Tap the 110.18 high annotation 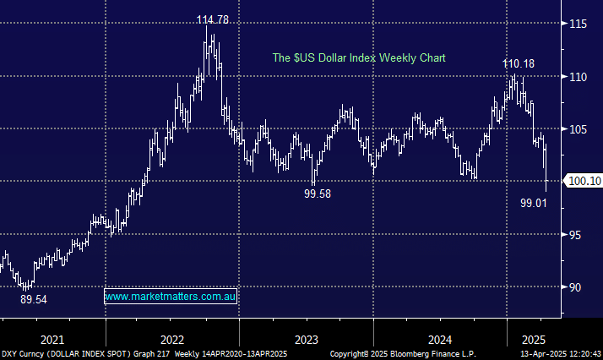coord(518,63)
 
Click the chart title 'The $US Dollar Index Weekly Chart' coord(358,58)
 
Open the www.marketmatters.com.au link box coord(172,297)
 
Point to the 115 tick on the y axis coord(578,24)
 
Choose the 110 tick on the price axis coord(578,77)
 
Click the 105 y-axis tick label coord(578,129)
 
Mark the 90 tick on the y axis coord(575,287)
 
